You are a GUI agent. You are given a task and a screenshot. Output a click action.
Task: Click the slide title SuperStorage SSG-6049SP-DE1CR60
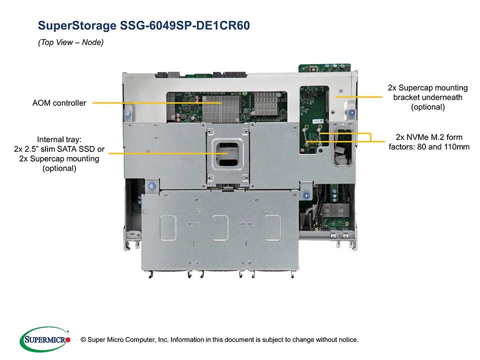pyautogui.click(x=143, y=25)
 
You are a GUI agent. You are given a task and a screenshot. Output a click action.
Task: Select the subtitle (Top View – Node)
pyautogui.click(x=70, y=43)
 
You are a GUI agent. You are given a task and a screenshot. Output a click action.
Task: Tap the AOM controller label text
pyautogui.click(x=58, y=103)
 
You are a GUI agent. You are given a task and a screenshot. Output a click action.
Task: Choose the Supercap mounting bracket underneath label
pyautogui.click(x=427, y=97)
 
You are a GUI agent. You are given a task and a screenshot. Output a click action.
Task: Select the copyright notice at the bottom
pyautogui.click(x=223, y=340)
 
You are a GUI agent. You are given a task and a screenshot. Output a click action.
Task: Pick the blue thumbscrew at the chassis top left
pyautogui.click(x=128, y=113)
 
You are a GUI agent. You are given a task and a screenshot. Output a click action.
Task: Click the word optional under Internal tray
pyautogui.click(x=59, y=168)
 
